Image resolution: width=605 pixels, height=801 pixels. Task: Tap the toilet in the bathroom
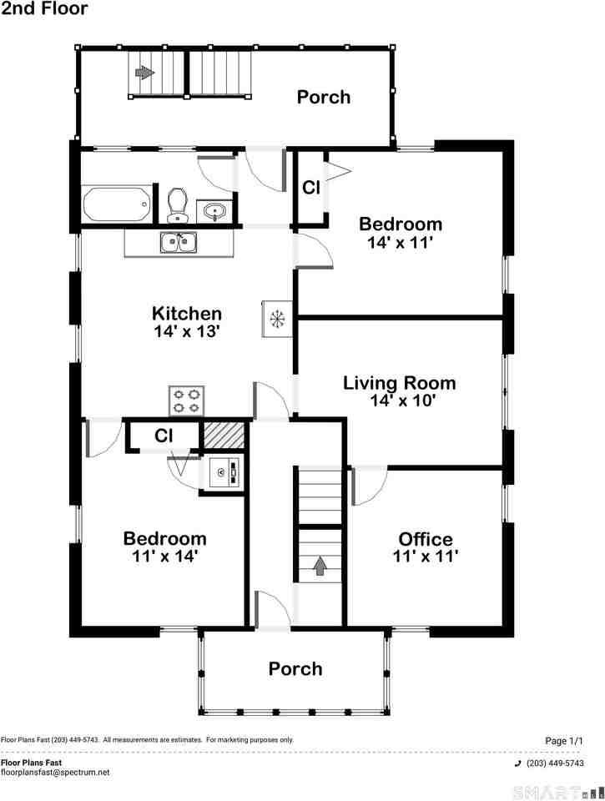pos(176,204)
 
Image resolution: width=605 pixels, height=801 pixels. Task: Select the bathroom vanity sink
pos(215,211)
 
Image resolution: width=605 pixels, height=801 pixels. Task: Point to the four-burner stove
pos(187,400)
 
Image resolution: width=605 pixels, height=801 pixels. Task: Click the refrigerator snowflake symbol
pos(277,318)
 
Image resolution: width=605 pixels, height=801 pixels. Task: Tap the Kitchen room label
pos(187,314)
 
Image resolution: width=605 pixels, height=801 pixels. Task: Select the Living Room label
pos(400,383)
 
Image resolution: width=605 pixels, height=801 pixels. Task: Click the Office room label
pos(425,539)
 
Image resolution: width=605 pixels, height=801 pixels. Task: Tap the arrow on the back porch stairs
pos(144,73)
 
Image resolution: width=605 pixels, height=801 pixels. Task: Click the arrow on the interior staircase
pos(320,567)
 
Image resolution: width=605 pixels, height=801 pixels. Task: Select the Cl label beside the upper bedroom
pos(311,188)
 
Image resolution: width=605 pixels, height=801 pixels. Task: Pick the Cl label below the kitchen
pos(164,436)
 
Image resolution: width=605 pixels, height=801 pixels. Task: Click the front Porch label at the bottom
pos(295,668)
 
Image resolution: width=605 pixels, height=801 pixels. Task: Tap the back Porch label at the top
pos(324,97)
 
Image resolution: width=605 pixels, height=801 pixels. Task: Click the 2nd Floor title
pos(43,9)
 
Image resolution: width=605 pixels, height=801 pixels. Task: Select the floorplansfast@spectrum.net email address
pos(55,773)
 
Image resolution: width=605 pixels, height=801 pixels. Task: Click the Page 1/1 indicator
pos(563,741)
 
